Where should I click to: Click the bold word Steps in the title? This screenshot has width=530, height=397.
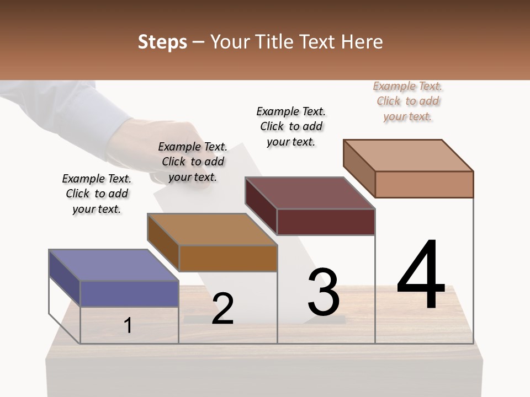(162, 42)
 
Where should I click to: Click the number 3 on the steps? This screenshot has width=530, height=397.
(323, 292)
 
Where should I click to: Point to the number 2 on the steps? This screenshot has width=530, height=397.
(222, 309)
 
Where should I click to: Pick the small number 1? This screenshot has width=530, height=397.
(128, 325)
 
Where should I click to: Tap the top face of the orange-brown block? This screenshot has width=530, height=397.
(212, 229)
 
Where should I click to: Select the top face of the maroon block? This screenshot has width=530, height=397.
(310, 193)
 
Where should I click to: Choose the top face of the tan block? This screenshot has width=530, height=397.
(408, 155)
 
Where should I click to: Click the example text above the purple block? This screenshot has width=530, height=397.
(97, 194)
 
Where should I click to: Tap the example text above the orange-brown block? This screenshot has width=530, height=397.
(193, 162)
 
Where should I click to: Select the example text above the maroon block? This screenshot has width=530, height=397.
(291, 126)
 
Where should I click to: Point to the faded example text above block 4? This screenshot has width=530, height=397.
(407, 101)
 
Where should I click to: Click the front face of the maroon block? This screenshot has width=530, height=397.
(326, 222)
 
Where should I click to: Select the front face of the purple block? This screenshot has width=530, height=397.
(129, 293)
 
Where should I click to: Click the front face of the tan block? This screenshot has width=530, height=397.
(424, 184)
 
